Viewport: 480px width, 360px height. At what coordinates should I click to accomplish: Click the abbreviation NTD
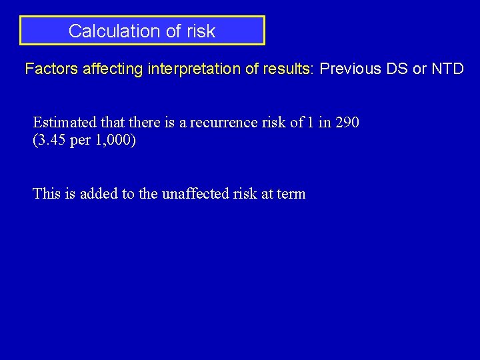448,69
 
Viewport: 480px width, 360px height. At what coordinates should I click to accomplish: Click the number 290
347,123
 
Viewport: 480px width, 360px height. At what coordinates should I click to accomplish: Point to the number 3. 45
54,141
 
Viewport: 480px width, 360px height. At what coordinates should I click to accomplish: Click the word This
46,194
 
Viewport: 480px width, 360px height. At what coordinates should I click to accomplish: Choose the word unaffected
191,194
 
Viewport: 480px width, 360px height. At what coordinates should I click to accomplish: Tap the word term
291,194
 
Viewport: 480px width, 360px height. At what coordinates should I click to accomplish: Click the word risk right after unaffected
239,194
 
